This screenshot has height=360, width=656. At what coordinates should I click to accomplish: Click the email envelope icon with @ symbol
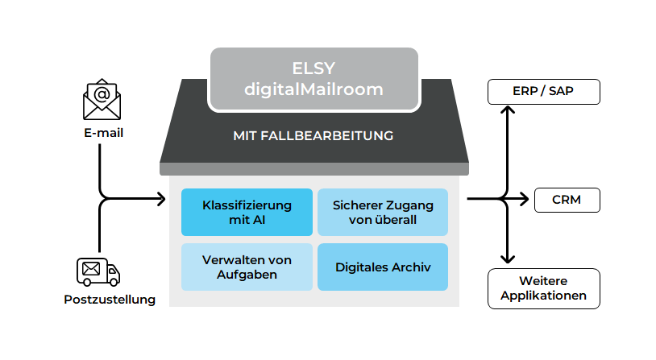point(102,100)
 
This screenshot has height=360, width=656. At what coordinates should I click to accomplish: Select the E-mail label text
point(102,133)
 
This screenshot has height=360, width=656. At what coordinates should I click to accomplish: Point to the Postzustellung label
point(110,300)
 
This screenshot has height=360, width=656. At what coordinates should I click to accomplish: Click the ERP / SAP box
point(544,92)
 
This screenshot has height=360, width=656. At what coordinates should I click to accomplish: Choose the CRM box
point(567,199)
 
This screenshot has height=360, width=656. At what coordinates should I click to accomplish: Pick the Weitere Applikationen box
point(544,288)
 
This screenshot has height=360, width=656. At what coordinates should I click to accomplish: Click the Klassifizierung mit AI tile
point(247,212)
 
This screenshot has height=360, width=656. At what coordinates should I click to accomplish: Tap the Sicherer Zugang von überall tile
point(383,212)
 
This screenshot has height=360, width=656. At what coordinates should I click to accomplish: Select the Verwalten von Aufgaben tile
point(247,267)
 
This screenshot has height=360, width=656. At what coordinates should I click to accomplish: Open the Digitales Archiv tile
point(383,267)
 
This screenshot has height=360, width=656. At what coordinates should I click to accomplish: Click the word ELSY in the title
point(314,68)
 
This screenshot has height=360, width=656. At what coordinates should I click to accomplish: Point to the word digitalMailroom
point(314,89)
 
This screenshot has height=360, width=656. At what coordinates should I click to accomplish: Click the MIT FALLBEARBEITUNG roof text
point(313,136)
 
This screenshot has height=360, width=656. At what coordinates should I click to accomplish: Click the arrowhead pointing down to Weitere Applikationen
point(507,259)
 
